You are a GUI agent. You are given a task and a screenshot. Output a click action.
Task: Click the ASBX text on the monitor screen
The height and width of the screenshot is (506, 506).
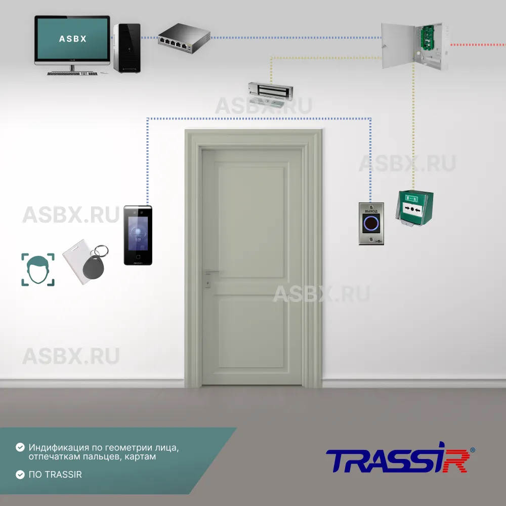(72, 38)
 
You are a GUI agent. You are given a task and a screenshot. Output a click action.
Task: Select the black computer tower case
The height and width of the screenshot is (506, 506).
(126, 48)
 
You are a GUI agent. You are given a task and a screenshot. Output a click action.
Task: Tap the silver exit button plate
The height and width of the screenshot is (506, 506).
(371, 224)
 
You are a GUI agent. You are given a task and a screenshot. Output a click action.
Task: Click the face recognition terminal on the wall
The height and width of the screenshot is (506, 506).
(138, 235)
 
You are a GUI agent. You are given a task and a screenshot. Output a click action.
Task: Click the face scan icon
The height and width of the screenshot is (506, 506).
(38, 270)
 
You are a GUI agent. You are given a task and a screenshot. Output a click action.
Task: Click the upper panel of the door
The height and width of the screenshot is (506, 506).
(251, 221)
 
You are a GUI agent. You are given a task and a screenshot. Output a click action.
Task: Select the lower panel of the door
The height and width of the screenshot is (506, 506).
(251, 331)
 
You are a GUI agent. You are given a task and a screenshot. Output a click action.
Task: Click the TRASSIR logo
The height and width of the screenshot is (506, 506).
(398, 460)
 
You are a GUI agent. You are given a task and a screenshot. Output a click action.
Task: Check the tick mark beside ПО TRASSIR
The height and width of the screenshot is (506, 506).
(20, 475)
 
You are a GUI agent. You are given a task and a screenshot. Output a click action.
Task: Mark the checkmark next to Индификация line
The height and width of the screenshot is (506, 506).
(20, 448)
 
